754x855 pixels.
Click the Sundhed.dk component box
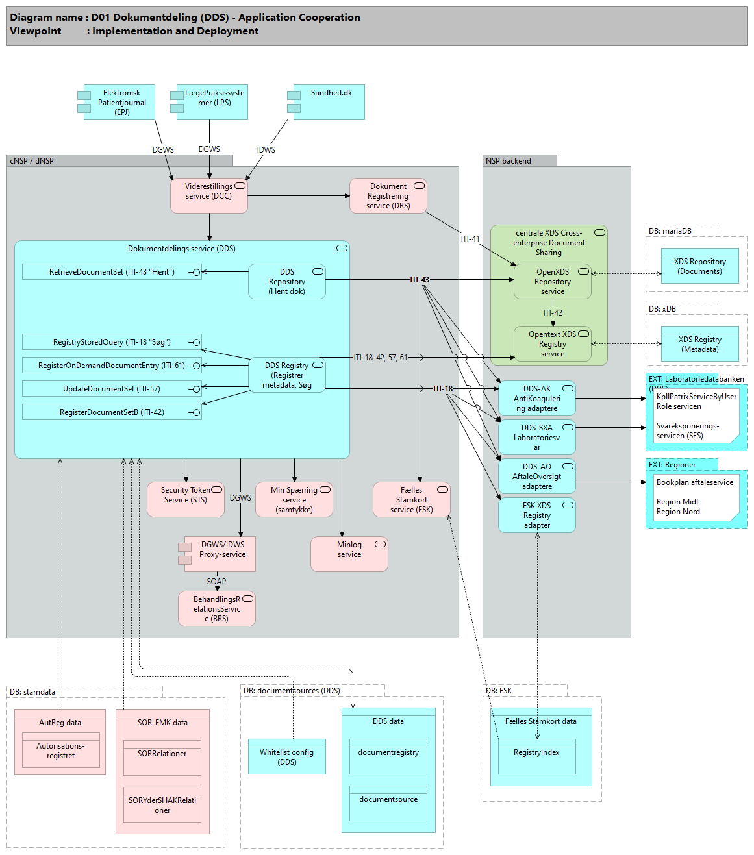pyautogui.click(x=329, y=102)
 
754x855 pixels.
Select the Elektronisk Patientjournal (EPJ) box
pyautogui.click(x=119, y=103)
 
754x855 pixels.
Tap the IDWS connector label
pyautogui.click(x=266, y=150)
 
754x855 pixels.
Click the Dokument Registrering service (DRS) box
pyautogui.click(x=388, y=196)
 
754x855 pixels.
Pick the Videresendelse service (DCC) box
pyautogui.click(x=208, y=196)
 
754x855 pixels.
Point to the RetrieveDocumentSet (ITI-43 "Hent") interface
pyautogui.click(x=112, y=272)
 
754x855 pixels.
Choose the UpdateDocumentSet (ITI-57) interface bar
pyautogui.click(x=112, y=389)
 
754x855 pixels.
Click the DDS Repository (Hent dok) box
pyautogui.click(x=287, y=282)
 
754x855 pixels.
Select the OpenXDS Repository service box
pyautogui.click(x=552, y=282)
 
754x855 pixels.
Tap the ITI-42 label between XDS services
pyautogui.click(x=553, y=313)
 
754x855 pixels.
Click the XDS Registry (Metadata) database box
pyautogui.click(x=699, y=344)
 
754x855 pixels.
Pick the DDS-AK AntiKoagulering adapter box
pyautogui.click(x=536, y=399)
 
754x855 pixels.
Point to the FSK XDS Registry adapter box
pyautogui.click(x=536, y=515)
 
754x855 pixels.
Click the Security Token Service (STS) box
pyautogui.click(x=185, y=500)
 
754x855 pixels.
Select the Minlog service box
pyautogui.click(x=349, y=554)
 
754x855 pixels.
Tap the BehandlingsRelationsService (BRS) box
pyautogui.click(x=216, y=609)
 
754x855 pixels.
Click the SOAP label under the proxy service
pyautogui.click(x=216, y=582)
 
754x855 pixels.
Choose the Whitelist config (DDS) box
pyautogui.click(x=286, y=757)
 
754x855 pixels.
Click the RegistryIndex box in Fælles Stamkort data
pyautogui.click(x=536, y=757)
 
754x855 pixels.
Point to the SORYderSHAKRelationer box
pyautogui.click(x=162, y=805)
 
